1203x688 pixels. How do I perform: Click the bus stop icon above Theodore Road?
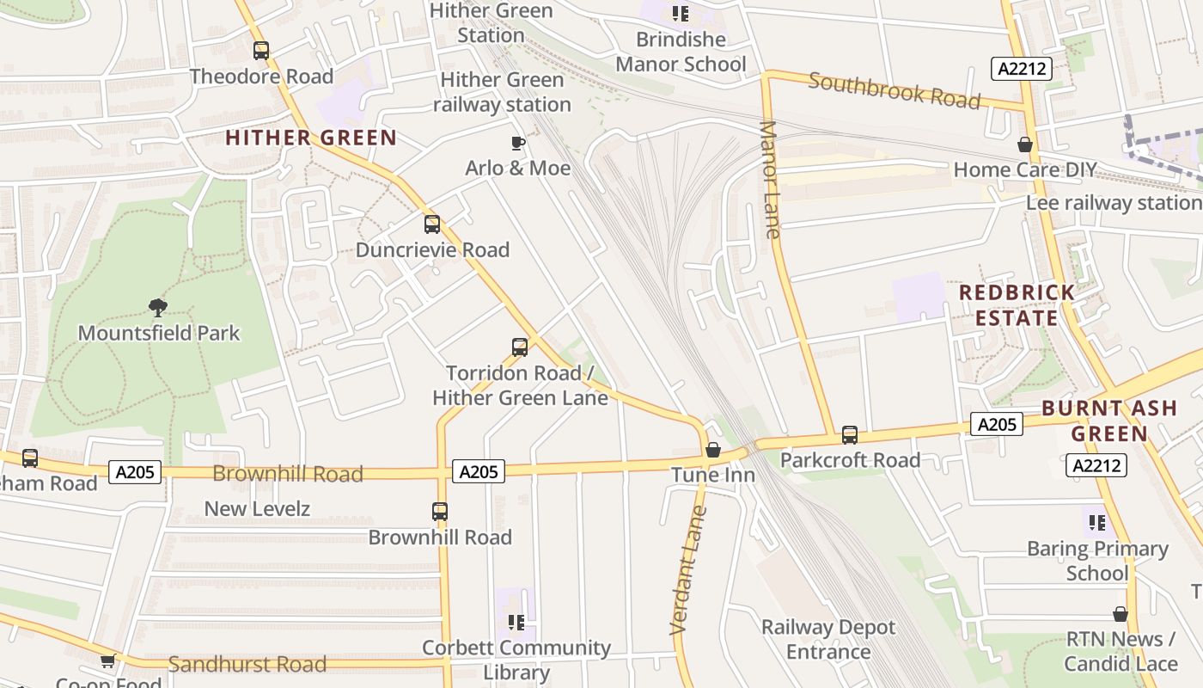pyautogui.click(x=261, y=51)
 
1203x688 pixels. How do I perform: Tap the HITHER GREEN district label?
pyautogui.click(x=311, y=138)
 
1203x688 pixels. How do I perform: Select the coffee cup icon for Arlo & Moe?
pyautogui.click(x=518, y=143)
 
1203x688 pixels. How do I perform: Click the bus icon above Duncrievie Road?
pyautogui.click(x=432, y=224)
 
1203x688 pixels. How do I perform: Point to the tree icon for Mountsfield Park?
pyautogui.click(x=157, y=307)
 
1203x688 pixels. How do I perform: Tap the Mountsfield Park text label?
pyautogui.click(x=159, y=333)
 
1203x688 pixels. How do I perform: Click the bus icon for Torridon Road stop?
pyautogui.click(x=520, y=347)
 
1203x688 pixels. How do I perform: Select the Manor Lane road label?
pyautogui.click(x=770, y=180)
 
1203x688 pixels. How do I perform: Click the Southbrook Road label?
pyautogui.click(x=894, y=91)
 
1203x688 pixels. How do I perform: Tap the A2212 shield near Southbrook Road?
pyautogui.click(x=1022, y=69)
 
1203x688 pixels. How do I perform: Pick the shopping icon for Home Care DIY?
pyautogui.click(x=1024, y=144)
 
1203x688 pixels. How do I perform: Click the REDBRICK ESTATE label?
pyautogui.click(x=1017, y=305)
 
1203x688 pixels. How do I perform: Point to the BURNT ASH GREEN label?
pyautogui.click(x=1109, y=421)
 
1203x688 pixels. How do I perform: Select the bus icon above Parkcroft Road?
pyautogui.click(x=850, y=435)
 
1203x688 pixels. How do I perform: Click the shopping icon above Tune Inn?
pyautogui.click(x=712, y=450)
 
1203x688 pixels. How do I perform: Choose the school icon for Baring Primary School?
pyautogui.click(x=1096, y=523)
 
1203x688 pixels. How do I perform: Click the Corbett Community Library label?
pyautogui.click(x=516, y=660)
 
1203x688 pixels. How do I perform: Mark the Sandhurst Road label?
pyautogui.click(x=247, y=664)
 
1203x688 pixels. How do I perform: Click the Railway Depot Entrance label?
pyautogui.click(x=828, y=639)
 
